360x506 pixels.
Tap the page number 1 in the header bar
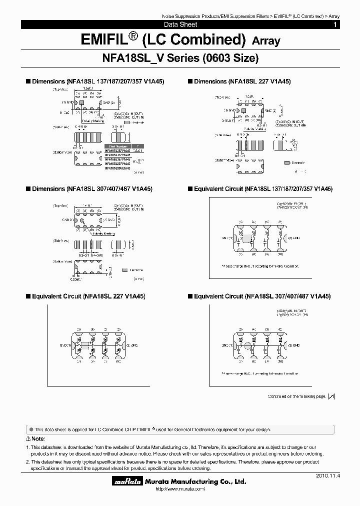coord(335,24)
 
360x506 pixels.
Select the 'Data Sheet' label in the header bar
coord(180,24)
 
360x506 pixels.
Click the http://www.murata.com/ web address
coord(181,489)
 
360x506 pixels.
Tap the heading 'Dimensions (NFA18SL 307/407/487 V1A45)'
coord(92,189)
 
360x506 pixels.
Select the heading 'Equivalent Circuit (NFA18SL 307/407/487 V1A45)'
coord(262,296)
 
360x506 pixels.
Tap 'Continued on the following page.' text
coord(297,396)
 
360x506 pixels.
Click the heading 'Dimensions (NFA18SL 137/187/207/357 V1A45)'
coord(98,81)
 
